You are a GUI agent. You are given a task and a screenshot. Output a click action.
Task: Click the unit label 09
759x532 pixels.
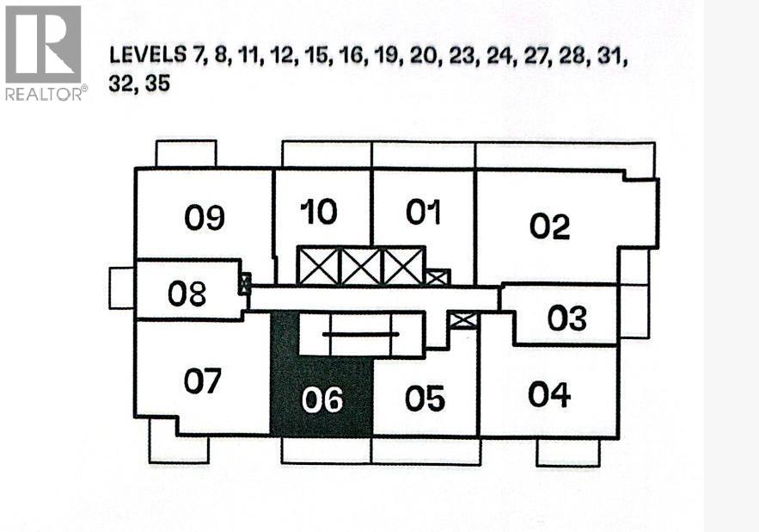(x=205, y=217)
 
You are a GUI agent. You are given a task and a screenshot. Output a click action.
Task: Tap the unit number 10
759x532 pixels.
(x=319, y=212)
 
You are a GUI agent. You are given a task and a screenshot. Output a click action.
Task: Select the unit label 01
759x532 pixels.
(x=424, y=212)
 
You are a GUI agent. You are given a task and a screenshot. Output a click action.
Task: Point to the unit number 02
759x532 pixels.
(x=549, y=226)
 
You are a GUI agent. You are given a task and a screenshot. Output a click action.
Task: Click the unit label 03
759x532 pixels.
(x=566, y=319)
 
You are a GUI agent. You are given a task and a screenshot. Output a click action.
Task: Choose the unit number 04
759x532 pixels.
(x=549, y=393)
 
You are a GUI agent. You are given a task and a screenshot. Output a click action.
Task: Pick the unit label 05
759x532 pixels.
(x=425, y=399)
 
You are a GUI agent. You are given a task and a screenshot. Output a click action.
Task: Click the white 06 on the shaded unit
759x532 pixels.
(x=321, y=400)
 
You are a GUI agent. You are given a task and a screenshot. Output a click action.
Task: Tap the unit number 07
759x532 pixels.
(x=202, y=380)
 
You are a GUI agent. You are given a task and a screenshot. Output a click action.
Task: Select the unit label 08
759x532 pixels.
(x=187, y=294)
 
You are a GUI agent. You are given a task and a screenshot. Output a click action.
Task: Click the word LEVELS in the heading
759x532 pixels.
(x=148, y=55)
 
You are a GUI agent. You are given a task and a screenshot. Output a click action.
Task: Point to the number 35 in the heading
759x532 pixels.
(x=157, y=84)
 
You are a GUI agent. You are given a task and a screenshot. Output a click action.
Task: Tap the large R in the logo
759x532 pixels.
(x=43, y=44)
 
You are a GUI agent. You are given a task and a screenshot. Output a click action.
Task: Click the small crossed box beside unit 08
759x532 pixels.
(x=246, y=284)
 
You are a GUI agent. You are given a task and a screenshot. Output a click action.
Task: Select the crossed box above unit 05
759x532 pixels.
(x=462, y=320)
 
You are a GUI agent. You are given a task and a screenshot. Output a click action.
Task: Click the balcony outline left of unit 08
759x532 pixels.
(x=122, y=288)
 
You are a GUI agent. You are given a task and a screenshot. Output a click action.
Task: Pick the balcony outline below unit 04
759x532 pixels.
(x=568, y=453)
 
